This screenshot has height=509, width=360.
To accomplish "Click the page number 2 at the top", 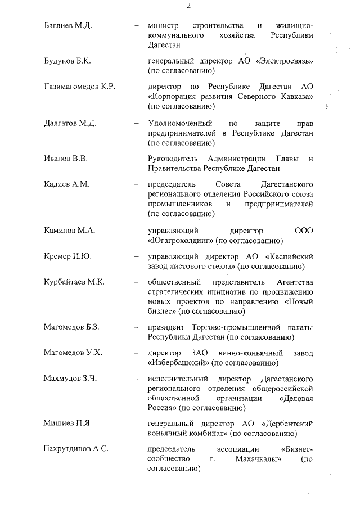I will tap(188, 6).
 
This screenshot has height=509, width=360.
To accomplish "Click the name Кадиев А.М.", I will tap(66, 184).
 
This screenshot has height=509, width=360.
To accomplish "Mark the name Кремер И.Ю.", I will tap(67, 256).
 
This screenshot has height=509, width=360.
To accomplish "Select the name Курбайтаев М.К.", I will tap(74, 282).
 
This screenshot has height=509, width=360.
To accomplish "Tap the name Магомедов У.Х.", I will tap(73, 353).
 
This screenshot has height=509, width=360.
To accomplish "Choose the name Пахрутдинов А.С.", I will tap(76, 449).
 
